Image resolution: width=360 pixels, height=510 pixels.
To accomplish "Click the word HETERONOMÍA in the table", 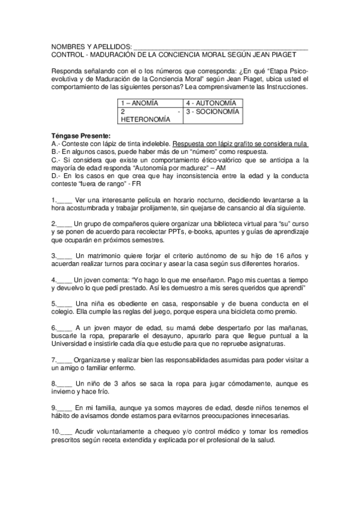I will (x=146, y=120).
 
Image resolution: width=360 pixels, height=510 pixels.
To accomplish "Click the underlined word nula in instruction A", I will (x=301, y=144).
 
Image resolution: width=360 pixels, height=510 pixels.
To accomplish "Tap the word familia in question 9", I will (x=101, y=407).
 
